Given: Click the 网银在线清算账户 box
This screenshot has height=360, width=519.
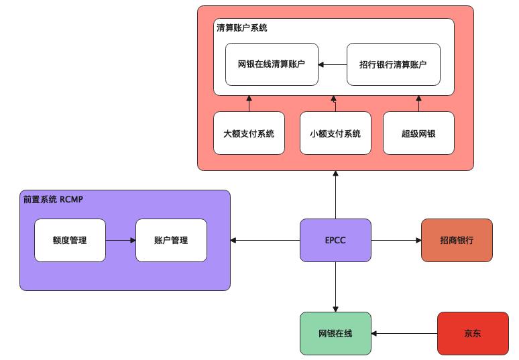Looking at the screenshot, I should pos(272,64).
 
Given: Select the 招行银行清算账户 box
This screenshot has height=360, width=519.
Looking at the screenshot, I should pos(393,64).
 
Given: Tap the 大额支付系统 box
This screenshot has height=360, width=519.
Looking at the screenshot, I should pos(249,133).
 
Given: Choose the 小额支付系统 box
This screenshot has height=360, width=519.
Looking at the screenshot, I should pos(335,133).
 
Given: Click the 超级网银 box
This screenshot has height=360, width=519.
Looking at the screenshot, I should pos(418,133).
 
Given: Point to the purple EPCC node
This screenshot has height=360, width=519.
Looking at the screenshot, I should pos(335,240).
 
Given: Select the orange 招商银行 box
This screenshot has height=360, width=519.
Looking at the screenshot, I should pos(457,240).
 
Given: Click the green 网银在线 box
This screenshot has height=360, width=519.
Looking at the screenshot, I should pos(335,333).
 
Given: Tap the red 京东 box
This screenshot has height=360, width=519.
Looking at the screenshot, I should pos(472,333).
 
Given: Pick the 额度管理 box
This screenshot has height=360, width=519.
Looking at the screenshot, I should pos(70,240).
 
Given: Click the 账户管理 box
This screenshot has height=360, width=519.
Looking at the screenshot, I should pos(170,240).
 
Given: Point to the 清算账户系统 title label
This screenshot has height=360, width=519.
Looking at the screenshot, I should pos(242,28).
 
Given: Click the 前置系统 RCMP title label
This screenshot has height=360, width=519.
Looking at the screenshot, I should pos(52,199).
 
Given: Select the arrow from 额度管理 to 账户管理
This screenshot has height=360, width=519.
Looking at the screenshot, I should pos(121,240).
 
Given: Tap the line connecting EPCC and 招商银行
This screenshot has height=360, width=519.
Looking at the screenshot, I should pos(396,240).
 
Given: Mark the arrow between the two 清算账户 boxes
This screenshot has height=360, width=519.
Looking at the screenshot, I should pos(332,64).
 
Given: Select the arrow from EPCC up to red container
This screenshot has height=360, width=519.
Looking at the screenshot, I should pos(335,194).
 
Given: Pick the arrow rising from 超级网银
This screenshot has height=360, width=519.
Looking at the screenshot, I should pos(418,103).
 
